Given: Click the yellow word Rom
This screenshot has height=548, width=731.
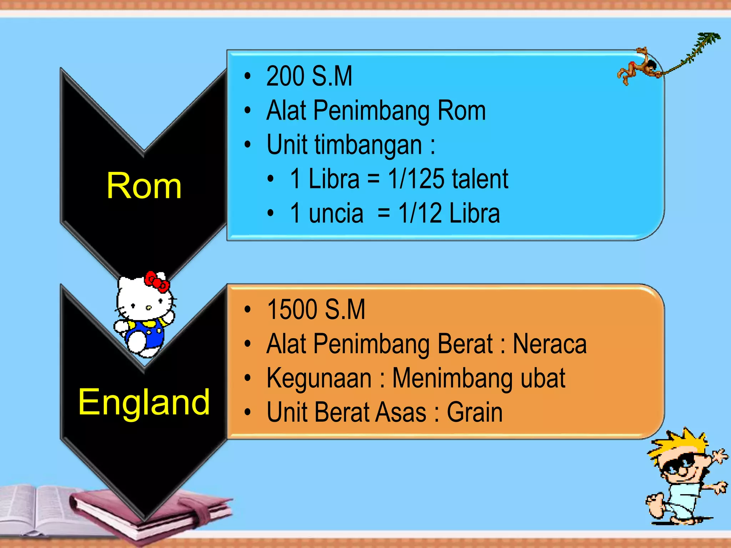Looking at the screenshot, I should [144, 186].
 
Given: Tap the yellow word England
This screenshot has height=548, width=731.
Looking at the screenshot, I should [144, 402].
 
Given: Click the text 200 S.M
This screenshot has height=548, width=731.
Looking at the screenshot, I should [309, 76].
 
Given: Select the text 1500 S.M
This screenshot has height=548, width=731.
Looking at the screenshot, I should [316, 309].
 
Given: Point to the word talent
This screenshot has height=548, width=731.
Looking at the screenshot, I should [480, 179].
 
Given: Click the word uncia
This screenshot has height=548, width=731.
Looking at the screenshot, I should [336, 213].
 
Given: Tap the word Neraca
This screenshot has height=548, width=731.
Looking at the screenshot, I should [549, 344].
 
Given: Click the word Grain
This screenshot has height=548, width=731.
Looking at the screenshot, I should [474, 412].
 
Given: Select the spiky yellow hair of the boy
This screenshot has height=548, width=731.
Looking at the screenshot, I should [678, 446].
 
